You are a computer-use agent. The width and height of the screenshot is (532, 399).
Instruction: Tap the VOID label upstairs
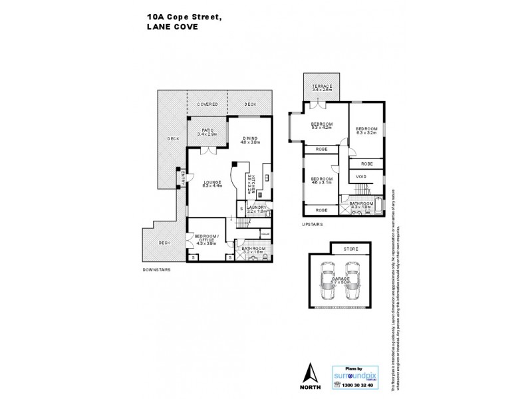pyautogui.click(x=360, y=177)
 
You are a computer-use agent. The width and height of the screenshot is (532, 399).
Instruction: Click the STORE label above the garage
pyautogui.click(x=350, y=249)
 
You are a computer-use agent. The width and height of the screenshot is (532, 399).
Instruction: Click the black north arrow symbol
pyautogui.click(x=308, y=370)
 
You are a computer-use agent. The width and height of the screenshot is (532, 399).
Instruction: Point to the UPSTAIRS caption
pyautogui.click(x=312, y=225)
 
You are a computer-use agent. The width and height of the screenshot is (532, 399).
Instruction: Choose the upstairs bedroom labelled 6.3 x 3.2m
pyautogui.click(x=366, y=130)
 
